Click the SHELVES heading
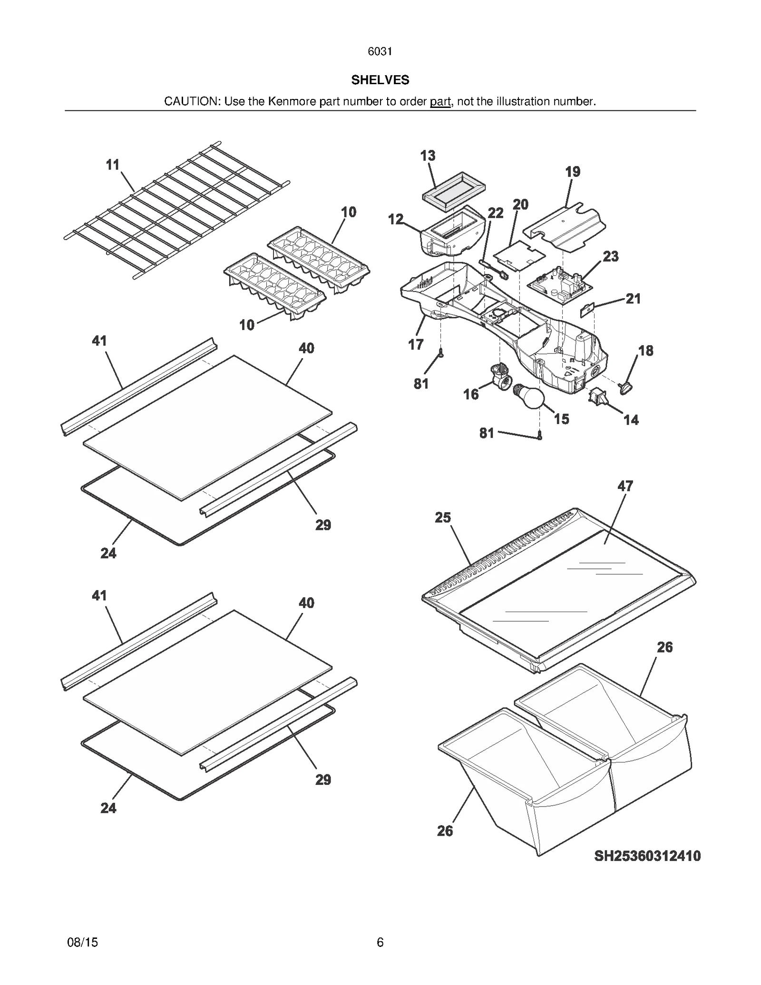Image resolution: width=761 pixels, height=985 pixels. pos(380,80)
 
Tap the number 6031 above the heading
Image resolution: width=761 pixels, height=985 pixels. pos(380,51)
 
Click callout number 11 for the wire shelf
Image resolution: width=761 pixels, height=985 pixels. pos(112,165)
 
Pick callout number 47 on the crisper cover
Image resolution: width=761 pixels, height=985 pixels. pos(625,486)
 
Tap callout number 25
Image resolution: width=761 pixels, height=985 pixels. pos(442,517)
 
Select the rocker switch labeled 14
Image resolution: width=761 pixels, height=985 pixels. pos(596,396)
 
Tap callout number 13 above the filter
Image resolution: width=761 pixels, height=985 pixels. pos(428,156)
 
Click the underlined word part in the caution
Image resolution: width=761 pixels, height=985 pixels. pos(440,101)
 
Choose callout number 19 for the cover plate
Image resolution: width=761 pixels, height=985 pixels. pos(573,172)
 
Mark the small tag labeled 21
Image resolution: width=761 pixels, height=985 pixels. pos(587,311)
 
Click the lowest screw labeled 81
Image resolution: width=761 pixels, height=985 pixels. pos(539,435)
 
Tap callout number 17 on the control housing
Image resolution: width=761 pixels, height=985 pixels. pos(415,344)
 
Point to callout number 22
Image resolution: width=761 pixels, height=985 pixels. pos(495,213)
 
